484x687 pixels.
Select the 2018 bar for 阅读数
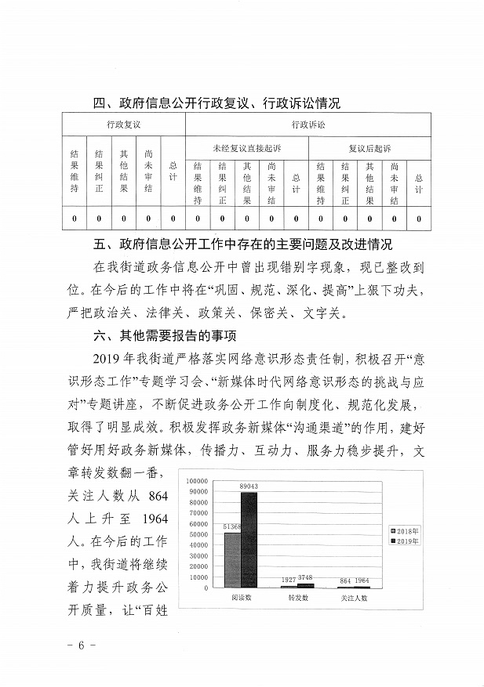click(232, 560)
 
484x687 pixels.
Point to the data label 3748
click(306, 579)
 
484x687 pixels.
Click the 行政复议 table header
click(123, 125)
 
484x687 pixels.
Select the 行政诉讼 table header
click(308, 125)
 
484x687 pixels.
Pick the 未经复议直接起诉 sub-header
click(246, 148)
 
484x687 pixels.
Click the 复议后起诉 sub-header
click(369, 148)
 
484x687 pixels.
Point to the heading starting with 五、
click(242, 244)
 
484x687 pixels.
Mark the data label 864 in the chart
click(345, 580)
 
